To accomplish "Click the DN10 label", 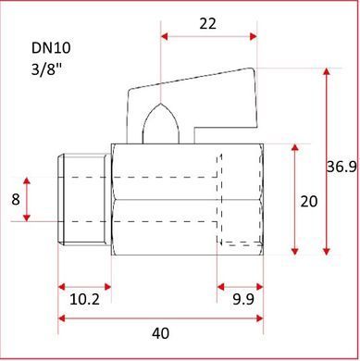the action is [x=51, y=48].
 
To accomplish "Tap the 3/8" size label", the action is [x=46, y=69].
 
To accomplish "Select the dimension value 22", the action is [x=207, y=24].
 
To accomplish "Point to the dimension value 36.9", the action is [x=341, y=168].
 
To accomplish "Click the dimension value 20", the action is [x=309, y=202].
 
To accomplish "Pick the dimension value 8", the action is [x=16, y=200].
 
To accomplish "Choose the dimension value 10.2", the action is [x=84, y=299].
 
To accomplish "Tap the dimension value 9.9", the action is [x=243, y=299].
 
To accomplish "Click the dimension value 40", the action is [x=160, y=333].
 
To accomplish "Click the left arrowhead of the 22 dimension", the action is [x=165, y=36].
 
